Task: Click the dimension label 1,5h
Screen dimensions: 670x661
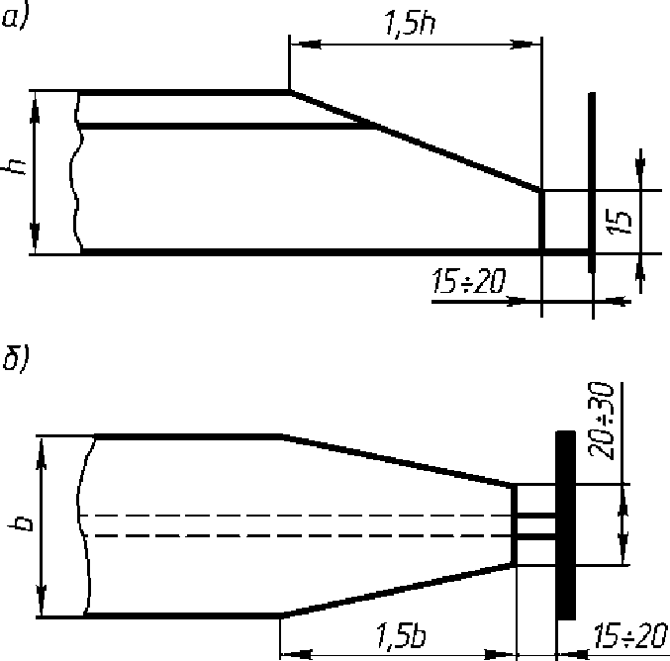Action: pyautogui.click(x=410, y=23)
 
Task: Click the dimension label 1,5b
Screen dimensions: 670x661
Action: pyautogui.click(x=401, y=635)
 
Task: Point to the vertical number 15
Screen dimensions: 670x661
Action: pyautogui.click(x=619, y=223)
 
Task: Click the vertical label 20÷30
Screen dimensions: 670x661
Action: pyautogui.click(x=601, y=422)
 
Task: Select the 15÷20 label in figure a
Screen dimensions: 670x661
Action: pyautogui.click(x=469, y=281)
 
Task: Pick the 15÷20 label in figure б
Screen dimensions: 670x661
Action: pyautogui.click(x=629, y=636)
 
